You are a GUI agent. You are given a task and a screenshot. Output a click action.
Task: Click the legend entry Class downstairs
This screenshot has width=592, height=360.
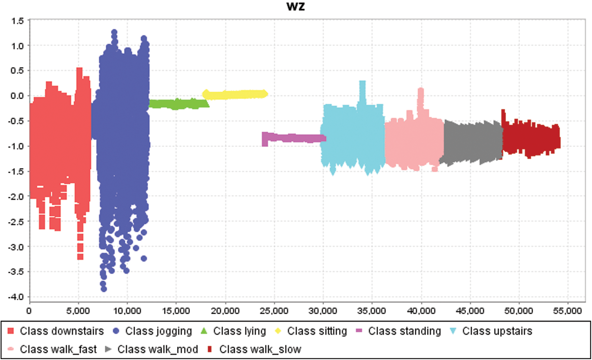tap(62, 331)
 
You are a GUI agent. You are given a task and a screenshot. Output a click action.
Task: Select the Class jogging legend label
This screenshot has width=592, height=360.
tap(158, 331)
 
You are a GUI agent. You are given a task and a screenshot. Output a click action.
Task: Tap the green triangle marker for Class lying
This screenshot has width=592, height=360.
tap(204, 331)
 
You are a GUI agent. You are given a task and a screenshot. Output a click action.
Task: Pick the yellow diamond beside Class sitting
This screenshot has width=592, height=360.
tap(278, 331)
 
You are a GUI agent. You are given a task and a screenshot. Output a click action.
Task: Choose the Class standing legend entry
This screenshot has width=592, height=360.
tap(404, 331)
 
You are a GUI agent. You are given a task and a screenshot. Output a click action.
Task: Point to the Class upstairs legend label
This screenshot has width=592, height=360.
tap(497, 331)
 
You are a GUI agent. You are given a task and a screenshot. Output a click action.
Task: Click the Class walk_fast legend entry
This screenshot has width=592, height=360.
tap(58, 349)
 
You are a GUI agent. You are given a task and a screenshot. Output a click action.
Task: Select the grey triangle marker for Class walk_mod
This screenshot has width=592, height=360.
tap(108, 349)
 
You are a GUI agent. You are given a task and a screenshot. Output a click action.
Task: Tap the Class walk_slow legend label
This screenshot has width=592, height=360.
tap(260, 349)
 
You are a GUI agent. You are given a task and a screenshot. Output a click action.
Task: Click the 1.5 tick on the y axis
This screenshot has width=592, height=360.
tap(17, 21)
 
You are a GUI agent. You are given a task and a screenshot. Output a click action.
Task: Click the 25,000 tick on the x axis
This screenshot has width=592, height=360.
tap(274, 311)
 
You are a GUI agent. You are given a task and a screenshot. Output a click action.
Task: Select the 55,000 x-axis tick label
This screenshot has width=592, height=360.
tap(567, 311)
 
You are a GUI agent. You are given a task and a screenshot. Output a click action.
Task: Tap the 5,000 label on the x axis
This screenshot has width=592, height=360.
tap(78, 311)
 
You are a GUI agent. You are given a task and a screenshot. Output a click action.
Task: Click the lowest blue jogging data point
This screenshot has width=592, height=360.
tap(104, 289)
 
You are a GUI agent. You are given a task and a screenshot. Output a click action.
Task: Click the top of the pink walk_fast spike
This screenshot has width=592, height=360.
tap(421, 90)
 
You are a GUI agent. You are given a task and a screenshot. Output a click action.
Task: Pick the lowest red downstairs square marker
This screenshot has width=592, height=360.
tap(80, 257)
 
